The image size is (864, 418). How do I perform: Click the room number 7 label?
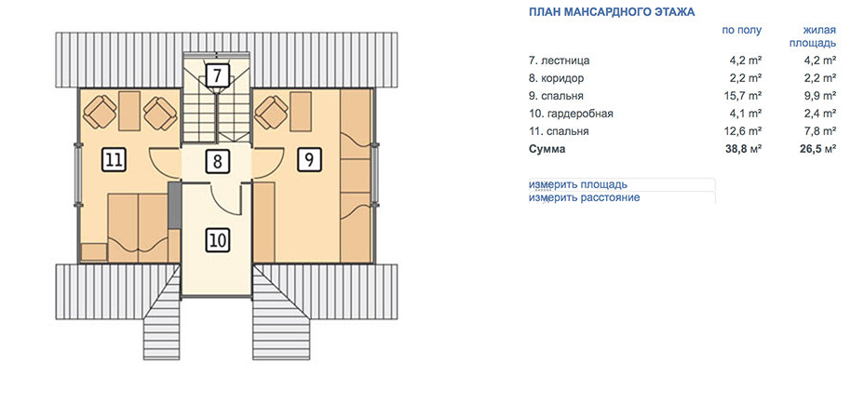218,74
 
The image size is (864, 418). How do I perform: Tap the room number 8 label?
218,162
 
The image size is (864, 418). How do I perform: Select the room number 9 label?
309,159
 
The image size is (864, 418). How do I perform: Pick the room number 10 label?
218,240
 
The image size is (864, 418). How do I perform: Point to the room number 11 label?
115,160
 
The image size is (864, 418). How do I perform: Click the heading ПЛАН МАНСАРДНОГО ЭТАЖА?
612,12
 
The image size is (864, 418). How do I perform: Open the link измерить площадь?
578,184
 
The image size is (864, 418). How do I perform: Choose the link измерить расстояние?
584,197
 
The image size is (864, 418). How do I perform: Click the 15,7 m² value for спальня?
743,96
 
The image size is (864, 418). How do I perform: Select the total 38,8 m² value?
743,149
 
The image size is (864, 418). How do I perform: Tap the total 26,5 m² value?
817,149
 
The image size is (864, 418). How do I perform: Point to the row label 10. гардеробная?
571,114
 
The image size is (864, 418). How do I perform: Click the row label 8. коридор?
556,78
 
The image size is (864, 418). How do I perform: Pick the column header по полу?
742,31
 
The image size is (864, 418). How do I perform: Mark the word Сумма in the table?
547,149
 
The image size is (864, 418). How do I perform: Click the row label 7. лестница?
559,61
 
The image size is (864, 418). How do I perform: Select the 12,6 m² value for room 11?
743,131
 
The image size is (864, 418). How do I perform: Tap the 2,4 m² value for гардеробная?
821,114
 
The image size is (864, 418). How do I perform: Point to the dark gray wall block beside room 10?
174,206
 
